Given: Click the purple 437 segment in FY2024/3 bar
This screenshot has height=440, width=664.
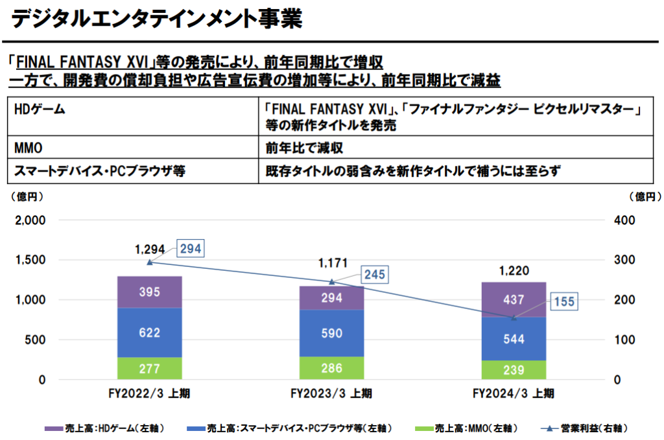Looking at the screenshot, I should (x=514, y=299).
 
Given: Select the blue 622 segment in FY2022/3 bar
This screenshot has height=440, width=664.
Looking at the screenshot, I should (x=150, y=332).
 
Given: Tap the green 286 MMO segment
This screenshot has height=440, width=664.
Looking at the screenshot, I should (x=331, y=368).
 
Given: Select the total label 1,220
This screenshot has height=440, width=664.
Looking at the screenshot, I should (x=514, y=271).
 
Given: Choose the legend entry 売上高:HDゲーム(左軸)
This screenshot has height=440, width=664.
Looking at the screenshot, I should (x=104, y=428).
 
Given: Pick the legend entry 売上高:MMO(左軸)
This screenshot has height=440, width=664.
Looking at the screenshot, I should (x=467, y=428).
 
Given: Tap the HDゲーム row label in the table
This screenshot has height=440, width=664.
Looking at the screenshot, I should (x=39, y=110).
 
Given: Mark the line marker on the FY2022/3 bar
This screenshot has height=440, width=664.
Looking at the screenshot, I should (x=150, y=262).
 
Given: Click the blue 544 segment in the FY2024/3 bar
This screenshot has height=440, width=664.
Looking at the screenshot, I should (x=514, y=338).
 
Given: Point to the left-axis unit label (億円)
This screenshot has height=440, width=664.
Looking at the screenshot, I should (x=27, y=196).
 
